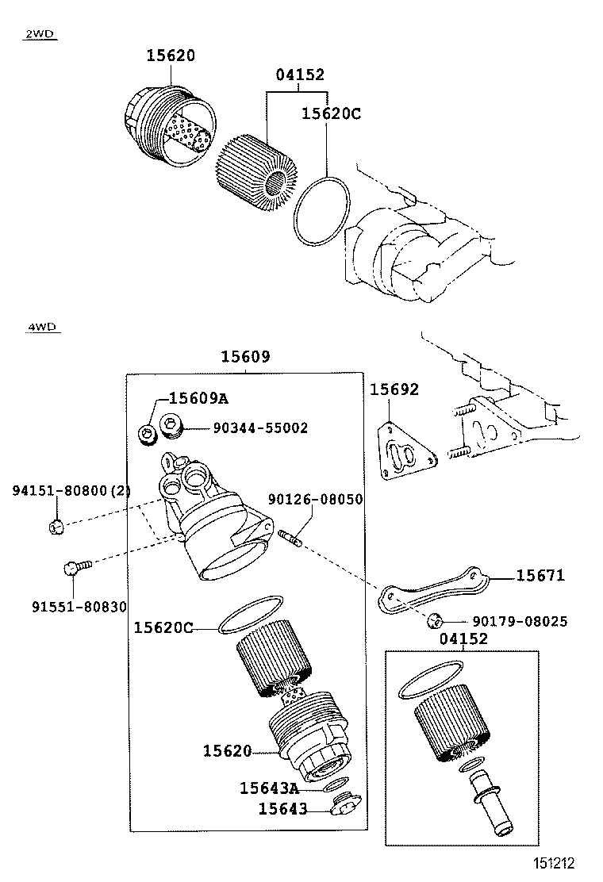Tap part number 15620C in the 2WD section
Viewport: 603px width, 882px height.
coord(331,113)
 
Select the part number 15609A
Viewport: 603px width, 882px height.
coord(198,398)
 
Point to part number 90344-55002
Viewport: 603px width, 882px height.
coord(260,428)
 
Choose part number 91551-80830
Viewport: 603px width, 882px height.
coord(79,607)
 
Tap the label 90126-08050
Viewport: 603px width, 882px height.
coord(316,499)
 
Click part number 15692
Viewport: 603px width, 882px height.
coord(394,389)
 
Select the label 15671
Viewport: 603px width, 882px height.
coord(540,575)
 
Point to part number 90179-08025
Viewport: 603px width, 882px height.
coord(520,622)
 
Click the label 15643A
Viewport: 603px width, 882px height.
coord(270,788)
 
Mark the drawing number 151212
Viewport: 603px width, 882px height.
coord(554,863)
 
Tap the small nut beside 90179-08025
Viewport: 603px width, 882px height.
coord(434,621)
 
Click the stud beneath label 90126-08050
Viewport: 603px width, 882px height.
coord(291,538)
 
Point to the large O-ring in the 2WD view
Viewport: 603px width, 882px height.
coord(321,212)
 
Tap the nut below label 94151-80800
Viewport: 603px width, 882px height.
coord(56,527)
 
